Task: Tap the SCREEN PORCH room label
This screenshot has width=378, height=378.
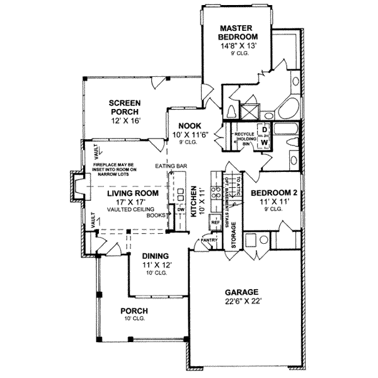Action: (124, 108)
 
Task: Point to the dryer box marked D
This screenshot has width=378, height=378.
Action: (265, 130)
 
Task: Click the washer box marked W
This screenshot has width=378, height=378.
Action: (265, 143)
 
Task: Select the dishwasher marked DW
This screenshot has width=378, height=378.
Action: (180, 210)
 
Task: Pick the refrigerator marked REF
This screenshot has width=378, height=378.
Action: (215, 222)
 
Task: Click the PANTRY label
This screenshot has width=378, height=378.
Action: (209, 240)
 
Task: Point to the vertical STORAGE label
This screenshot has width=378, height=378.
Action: (234, 236)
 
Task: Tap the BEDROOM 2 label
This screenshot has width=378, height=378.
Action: (274, 193)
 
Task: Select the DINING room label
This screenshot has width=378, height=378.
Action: (154, 256)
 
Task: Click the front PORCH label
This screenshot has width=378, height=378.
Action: (135, 311)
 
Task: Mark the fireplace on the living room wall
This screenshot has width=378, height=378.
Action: (76, 186)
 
